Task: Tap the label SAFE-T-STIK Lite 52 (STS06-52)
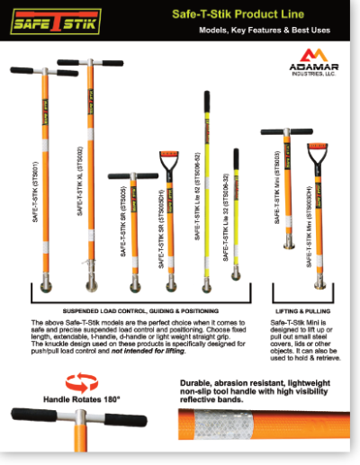pos(198,207)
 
